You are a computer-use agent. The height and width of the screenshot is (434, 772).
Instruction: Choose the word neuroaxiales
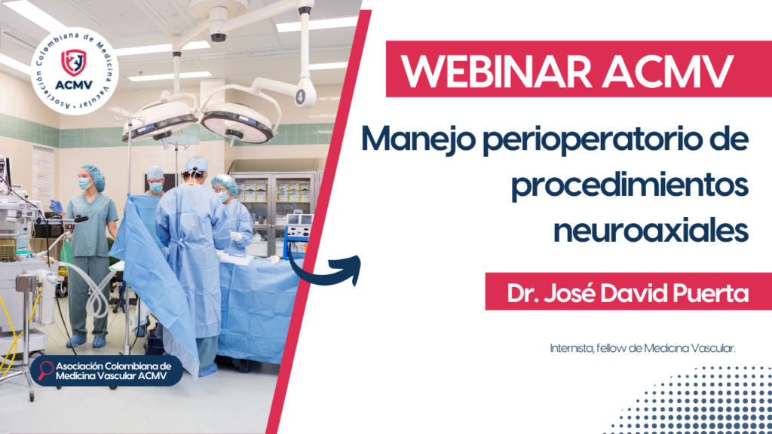pos(651,229)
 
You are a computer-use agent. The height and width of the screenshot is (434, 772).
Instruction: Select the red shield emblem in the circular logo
pos(73,62)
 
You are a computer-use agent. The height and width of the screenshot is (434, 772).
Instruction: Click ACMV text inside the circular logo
pos(74,85)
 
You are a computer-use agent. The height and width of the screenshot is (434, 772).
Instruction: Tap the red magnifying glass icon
pos(45,370)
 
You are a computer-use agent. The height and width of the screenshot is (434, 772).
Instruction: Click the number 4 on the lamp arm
pos(300,97)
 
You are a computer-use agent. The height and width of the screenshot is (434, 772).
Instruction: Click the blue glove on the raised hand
pos(56,206)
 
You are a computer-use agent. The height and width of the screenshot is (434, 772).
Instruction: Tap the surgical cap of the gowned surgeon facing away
pos(196,164)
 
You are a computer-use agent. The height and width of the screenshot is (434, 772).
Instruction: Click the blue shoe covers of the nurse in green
pos(86,341)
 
